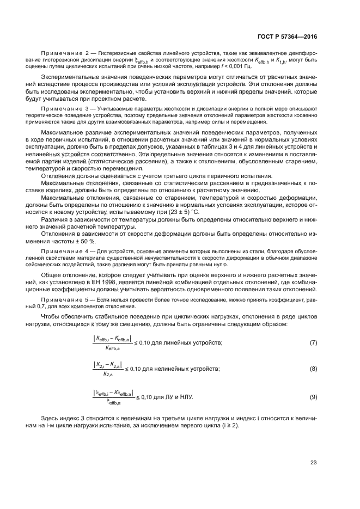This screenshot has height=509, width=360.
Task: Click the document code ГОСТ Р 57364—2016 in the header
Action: pos(288,37)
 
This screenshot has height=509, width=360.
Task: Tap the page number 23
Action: pos(313,462)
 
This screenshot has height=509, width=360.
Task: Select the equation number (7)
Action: pos(313,342)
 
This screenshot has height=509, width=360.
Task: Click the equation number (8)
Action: pos(313,369)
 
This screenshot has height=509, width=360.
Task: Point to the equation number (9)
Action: pos(313,397)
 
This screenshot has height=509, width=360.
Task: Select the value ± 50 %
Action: pos(85,240)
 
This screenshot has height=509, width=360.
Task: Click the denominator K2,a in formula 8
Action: pos(107,375)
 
